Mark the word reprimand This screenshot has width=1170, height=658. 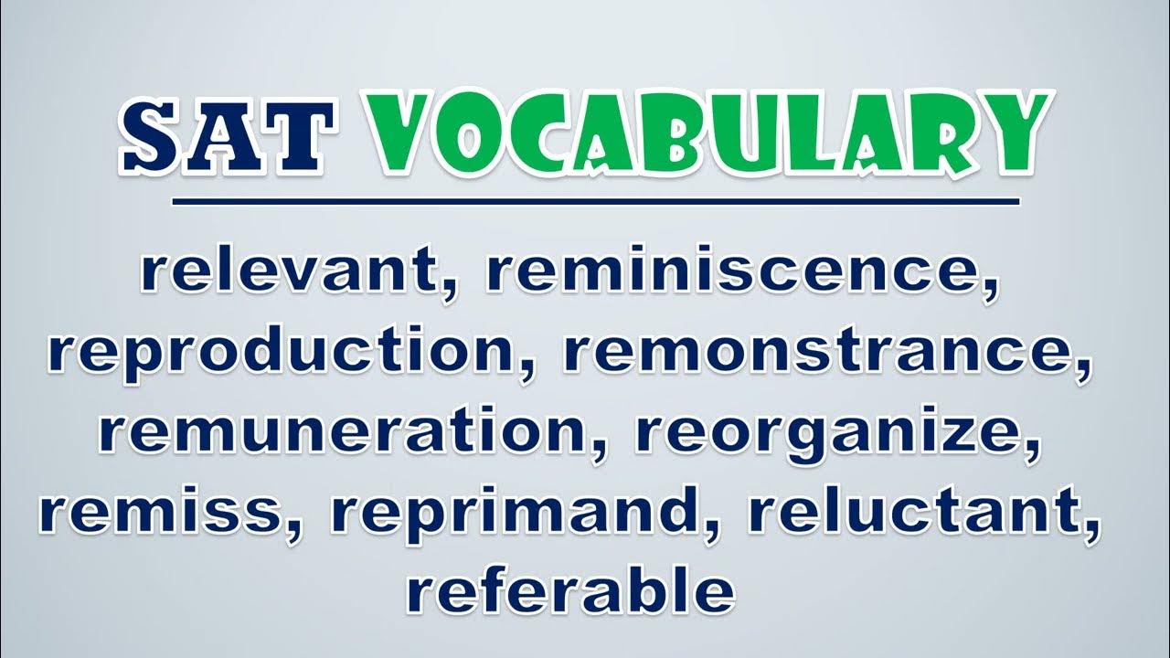pyautogui.click(x=514, y=515)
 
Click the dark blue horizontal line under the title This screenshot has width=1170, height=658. pyautogui.click(x=596, y=202)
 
